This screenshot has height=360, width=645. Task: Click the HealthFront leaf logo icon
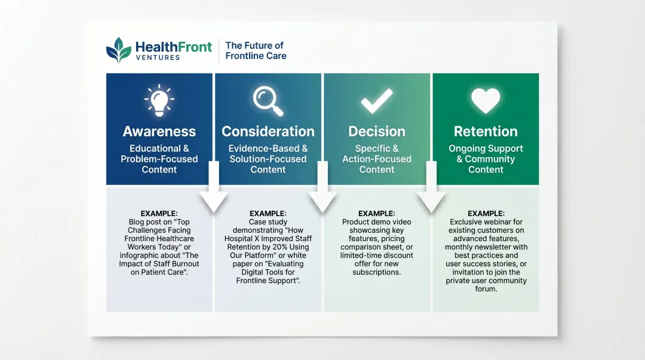(118, 50)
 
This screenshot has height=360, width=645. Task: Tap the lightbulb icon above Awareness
(159, 100)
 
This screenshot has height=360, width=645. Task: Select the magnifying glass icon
(268, 100)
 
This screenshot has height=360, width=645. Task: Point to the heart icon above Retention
(486, 101)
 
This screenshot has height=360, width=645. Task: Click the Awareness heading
(159, 131)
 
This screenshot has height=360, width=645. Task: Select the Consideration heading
(268, 131)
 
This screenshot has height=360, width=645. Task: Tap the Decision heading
(377, 131)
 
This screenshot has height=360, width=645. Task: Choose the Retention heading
(486, 131)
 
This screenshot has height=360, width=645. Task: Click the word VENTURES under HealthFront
(157, 58)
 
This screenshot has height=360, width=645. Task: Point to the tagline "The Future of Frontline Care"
(256, 50)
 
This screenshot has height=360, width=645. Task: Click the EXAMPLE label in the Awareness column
(159, 213)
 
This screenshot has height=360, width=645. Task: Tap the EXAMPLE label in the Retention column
(486, 213)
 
